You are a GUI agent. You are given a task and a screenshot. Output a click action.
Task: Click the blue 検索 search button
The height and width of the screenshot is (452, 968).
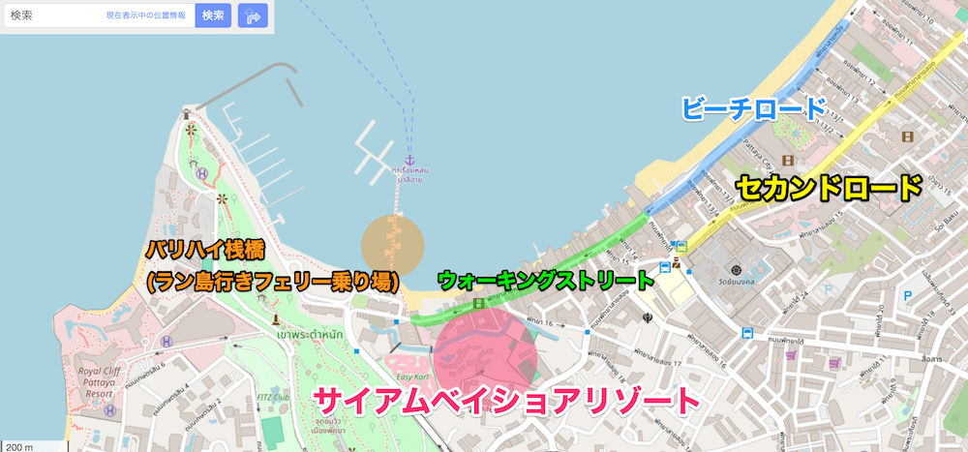coord(213,15)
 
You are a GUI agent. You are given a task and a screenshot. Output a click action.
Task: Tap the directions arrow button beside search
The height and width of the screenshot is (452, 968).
coord(253,15)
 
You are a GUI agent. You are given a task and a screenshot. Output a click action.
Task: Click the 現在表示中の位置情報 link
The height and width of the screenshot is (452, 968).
coord(147,16)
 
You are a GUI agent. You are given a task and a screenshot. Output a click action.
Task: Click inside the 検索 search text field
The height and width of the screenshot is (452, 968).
coord(53,16)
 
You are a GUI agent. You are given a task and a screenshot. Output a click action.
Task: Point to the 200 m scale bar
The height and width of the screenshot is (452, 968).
coord(18,446)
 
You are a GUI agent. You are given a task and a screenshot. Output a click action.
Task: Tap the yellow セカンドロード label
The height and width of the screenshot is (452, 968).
coord(829,187)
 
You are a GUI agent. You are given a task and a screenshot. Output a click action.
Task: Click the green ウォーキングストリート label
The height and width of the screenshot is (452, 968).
coord(548,281)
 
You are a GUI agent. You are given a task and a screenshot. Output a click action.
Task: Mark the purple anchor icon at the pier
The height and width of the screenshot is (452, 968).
coord(408,159)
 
